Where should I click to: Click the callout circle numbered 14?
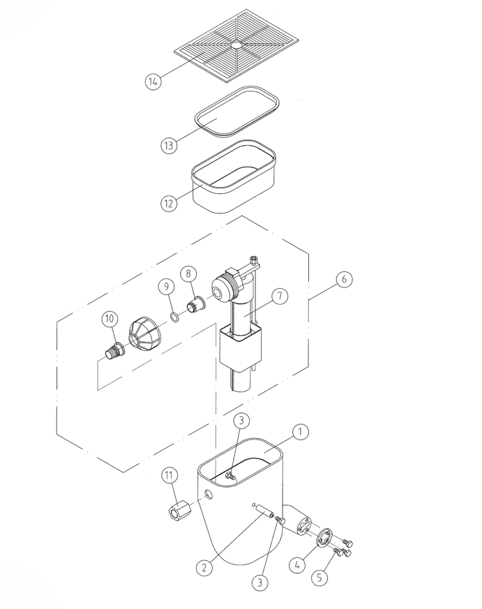[153, 82]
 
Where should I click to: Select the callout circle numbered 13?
[169, 145]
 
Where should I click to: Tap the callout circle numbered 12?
[169, 203]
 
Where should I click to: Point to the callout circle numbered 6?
[344, 279]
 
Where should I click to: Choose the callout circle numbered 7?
[280, 296]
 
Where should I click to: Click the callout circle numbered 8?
[188, 273]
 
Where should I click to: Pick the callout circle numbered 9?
[166, 286]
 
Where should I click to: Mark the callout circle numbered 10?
[110, 319]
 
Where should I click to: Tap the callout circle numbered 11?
[169, 475]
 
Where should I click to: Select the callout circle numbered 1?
[300, 432]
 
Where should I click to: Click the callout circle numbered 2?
[204, 569]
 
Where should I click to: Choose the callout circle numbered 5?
[319, 577]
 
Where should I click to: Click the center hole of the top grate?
[236, 45]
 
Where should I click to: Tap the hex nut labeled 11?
[179, 511]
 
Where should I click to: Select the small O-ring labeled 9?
[175, 317]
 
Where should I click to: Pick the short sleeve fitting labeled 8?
[197, 303]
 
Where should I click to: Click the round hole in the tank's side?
[209, 495]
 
